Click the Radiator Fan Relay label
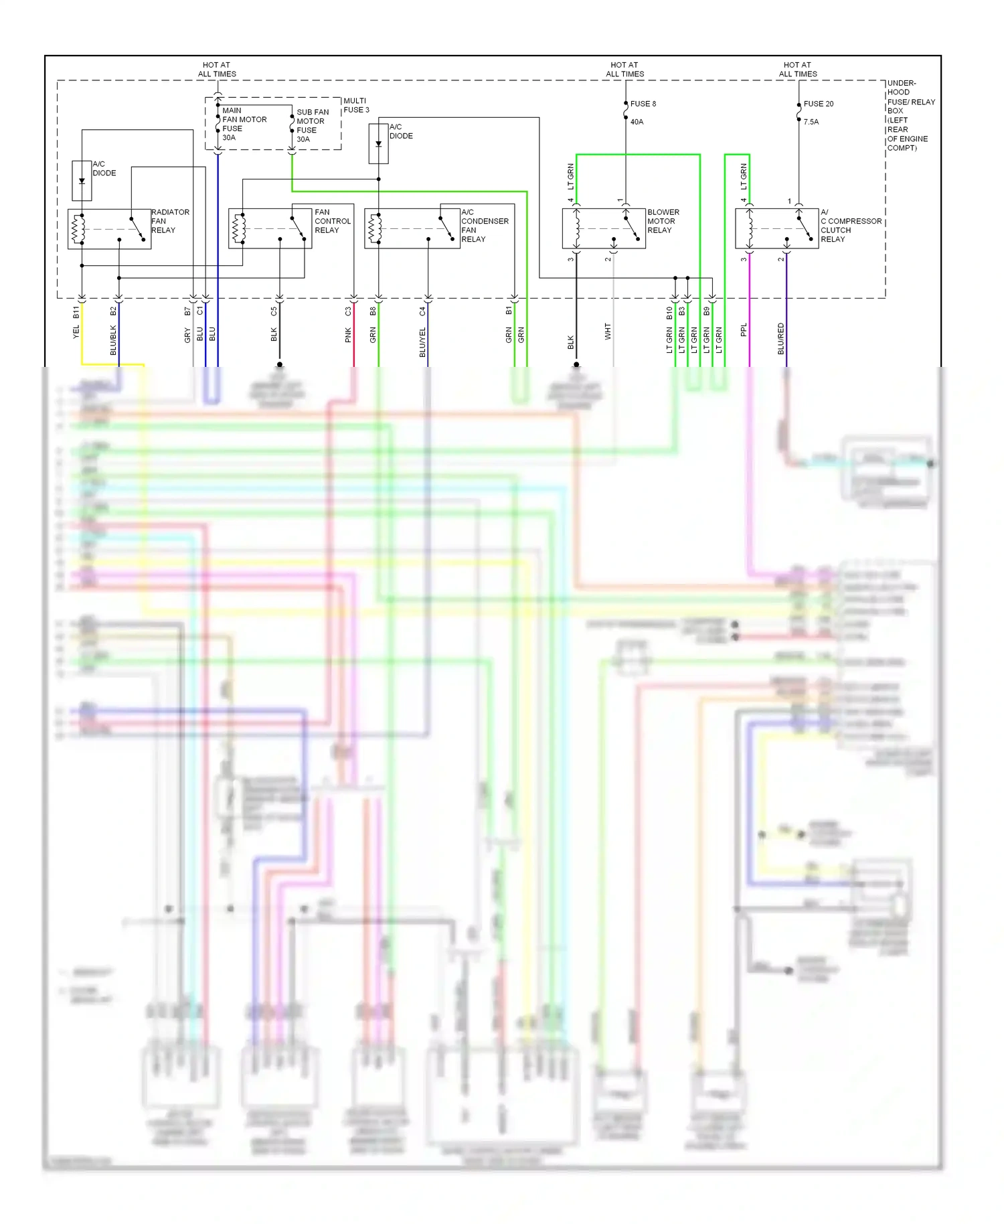pos(170,221)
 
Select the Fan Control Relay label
pos(332,221)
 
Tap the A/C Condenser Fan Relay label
pos(484,226)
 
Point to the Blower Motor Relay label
pos(663,221)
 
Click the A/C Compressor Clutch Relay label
pos(850,226)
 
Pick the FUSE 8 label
pos(643,104)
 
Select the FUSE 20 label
pos(818,104)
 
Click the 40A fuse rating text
pos(637,122)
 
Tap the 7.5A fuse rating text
pos(811,122)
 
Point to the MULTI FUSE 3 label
pos(355,105)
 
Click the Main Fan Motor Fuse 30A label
pos(244,124)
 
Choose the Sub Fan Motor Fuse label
pos(312,125)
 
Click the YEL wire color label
pos(76,331)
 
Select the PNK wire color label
pos(348,335)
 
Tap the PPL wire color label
pos(744,330)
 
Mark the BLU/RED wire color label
pos(780,339)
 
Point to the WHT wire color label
pos(608,331)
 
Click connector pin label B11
pos(76,312)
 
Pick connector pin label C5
pos(274,311)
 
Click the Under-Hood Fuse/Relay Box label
pos(910,115)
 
